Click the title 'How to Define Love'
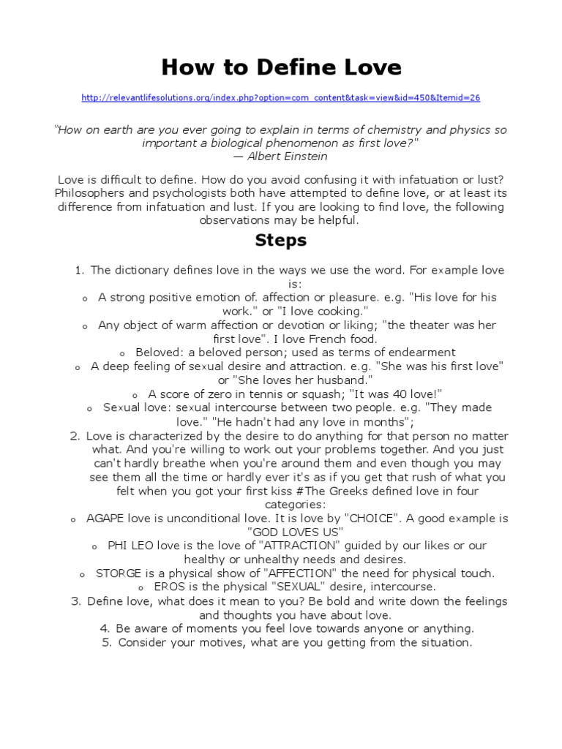[281, 67]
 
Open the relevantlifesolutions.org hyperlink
[281, 98]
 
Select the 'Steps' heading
[281, 240]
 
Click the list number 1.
[79, 271]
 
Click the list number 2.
[75, 436]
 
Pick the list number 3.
[75, 601]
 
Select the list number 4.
[104, 628]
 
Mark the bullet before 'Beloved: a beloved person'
[123, 353]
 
